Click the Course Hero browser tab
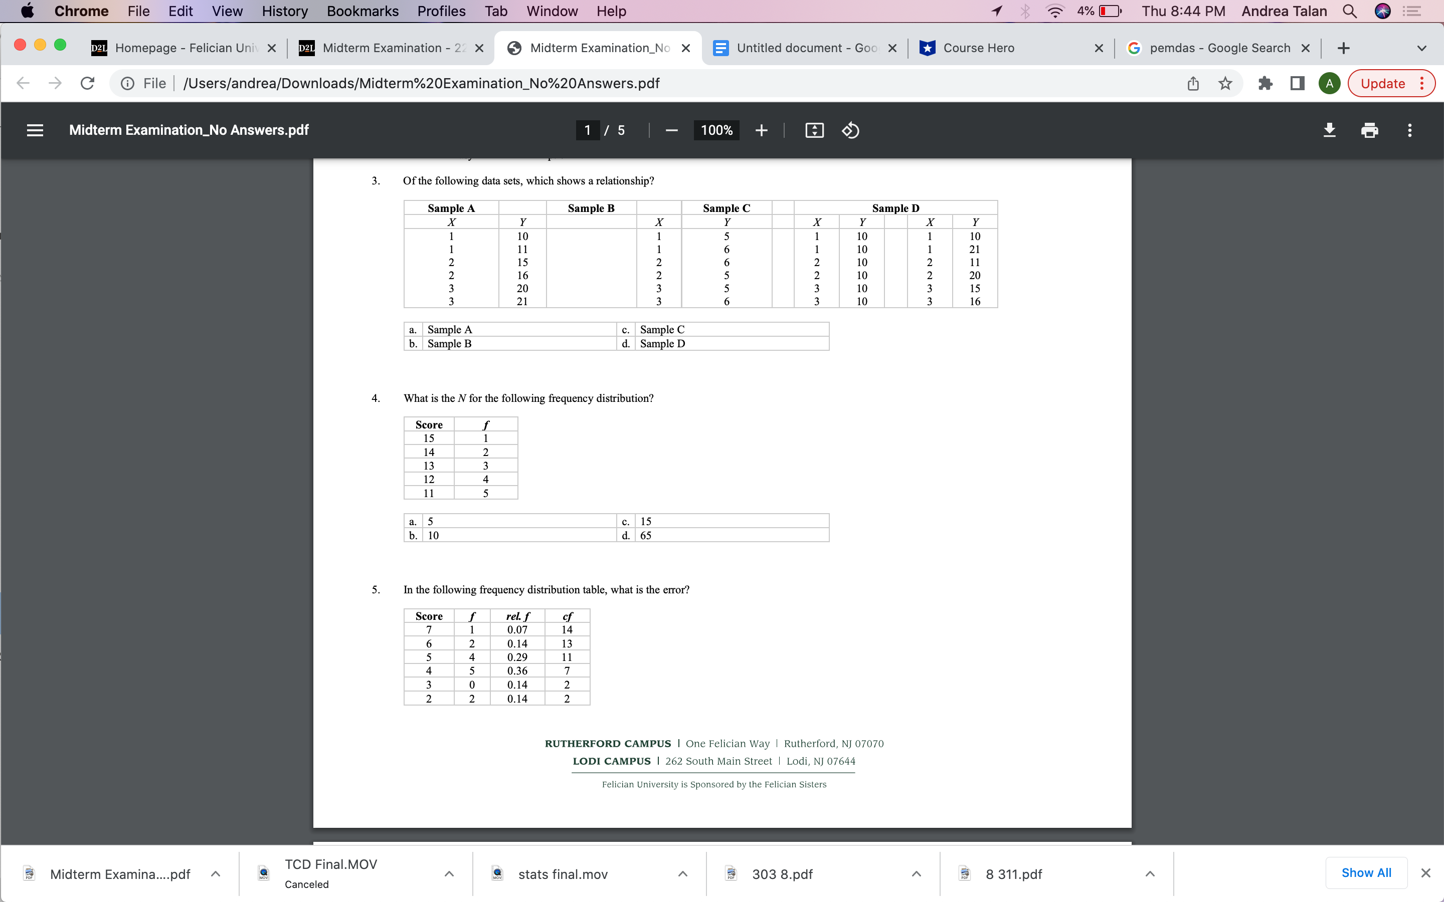click(979, 48)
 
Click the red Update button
click(1382, 84)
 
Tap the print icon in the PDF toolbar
click(1369, 130)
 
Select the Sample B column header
click(591, 208)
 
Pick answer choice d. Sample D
click(662, 344)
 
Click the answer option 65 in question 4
click(646, 535)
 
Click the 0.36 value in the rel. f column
click(517, 670)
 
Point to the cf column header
click(567, 616)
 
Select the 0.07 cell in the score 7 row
click(517, 629)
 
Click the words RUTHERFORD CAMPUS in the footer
click(608, 743)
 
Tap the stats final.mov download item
click(562, 874)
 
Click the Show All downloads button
click(1366, 873)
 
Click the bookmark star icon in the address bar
click(1225, 84)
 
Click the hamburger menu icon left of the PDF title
click(35, 130)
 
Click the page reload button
click(88, 84)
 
